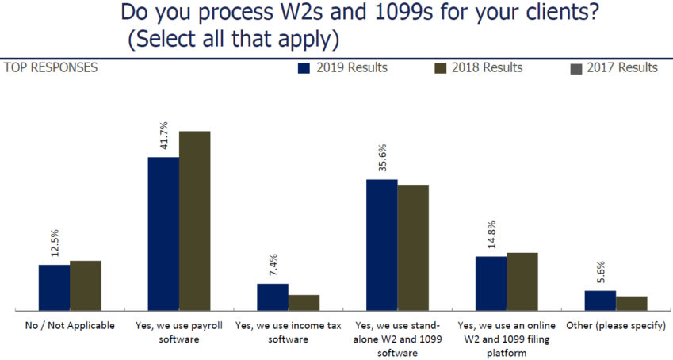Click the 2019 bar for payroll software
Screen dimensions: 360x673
[x=163, y=234]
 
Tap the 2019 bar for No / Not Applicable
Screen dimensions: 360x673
[x=54, y=287]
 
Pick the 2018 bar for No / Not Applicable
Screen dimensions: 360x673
[x=85, y=285]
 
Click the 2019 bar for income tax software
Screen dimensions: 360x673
[x=272, y=297]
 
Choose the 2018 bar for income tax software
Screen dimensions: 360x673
[x=304, y=302]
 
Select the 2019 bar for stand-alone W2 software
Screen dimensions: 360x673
[x=381, y=245]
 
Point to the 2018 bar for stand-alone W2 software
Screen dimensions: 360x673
[x=412, y=247]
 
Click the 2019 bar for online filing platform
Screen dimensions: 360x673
[x=491, y=283]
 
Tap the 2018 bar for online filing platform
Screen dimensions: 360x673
[x=522, y=281]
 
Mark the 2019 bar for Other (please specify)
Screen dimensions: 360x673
[x=600, y=300]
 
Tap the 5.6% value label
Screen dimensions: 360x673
[x=600, y=272]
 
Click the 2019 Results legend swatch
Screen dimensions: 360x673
[x=304, y=68]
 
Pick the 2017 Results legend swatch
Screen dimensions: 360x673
[x=576, y=68]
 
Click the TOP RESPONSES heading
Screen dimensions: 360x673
[x=51, y=67]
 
